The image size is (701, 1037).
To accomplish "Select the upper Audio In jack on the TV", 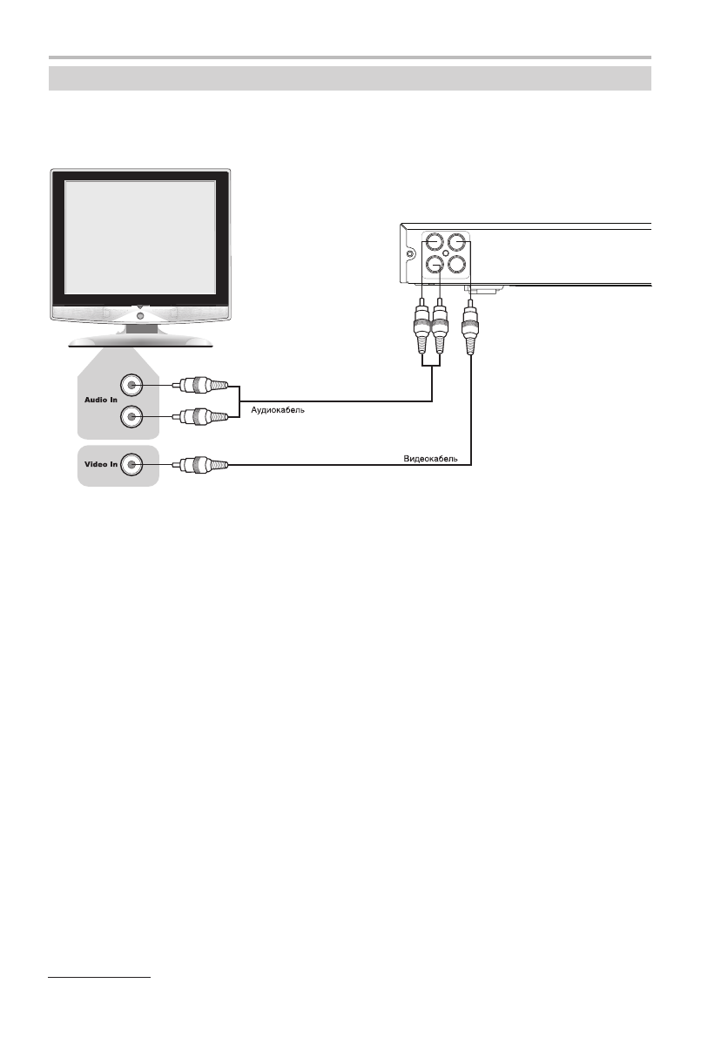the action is pos(131,384).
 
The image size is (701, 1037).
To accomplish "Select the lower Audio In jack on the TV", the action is pos(131,417).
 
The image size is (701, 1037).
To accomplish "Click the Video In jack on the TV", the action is pos(131,465).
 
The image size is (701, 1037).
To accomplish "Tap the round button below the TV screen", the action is pos(140,314).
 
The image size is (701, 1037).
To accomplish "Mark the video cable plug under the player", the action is pos(471,329).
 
